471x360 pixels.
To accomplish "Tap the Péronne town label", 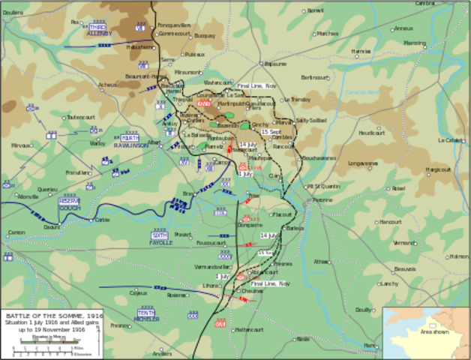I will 322,201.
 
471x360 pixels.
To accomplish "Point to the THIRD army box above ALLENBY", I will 98,26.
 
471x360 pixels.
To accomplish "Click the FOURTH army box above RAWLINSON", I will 130,138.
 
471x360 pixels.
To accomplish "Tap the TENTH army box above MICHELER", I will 146,310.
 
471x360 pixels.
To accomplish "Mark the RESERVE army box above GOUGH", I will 69,202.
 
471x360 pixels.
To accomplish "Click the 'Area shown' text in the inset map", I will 435,331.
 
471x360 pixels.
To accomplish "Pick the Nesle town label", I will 303,338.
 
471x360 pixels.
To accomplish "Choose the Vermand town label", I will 405,242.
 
